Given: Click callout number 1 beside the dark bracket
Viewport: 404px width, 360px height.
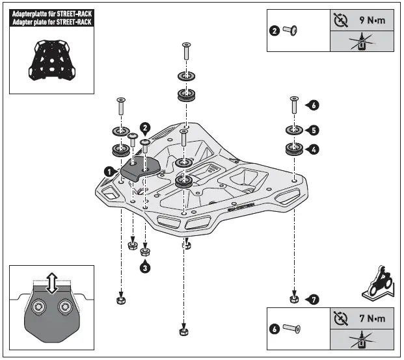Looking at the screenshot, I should (x=107, y=170).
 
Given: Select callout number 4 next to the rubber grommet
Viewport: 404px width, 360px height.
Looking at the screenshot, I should (x=315, y=149).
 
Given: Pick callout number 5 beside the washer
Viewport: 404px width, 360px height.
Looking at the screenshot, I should (x=315, y=129).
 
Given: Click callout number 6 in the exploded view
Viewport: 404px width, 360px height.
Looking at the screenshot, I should (x=315, y=104).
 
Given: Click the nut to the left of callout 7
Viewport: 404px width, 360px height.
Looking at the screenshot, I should (x=294, y=298).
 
